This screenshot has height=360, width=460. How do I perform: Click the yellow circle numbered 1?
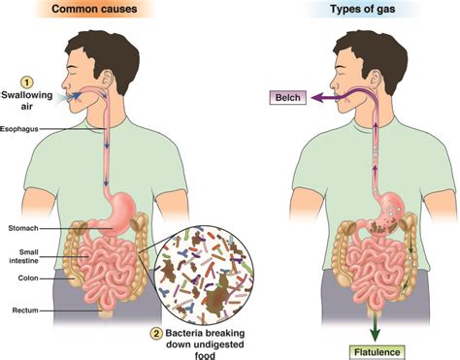click(x=28, y=82)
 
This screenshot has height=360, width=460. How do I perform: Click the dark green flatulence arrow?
click(x=373, y=316)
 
